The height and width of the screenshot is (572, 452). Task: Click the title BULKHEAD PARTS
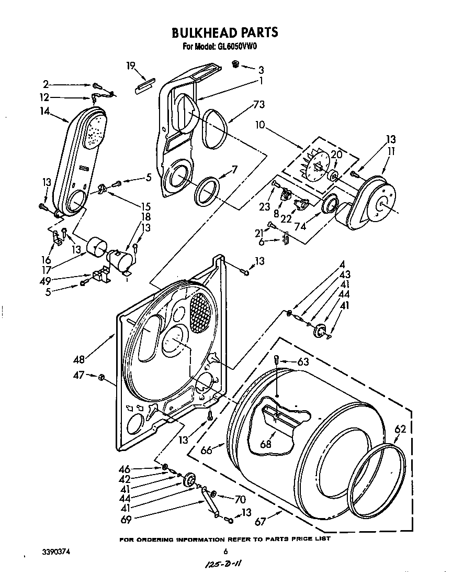click(x=225, y=32)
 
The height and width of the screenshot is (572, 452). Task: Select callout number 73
click(x=258, y=104)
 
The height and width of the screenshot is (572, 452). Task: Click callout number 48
click(x=80, y=360)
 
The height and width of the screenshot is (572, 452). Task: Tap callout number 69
click(x=126, y=519)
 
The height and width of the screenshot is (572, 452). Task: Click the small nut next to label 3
click(x=235, y=64)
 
